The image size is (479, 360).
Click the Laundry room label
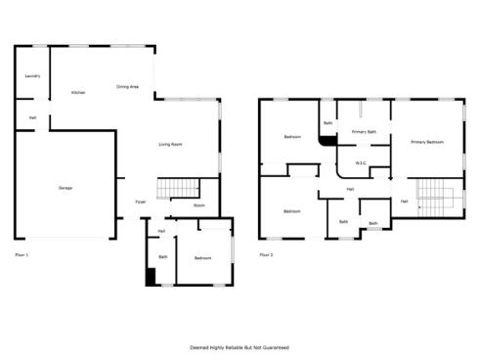coord(32,75)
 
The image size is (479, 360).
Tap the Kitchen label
coord(78,93)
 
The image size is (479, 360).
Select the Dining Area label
coord(127,87)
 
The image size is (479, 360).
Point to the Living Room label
coord(171,145)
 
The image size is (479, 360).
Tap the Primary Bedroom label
coord(427,143)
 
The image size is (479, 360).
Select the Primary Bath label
coord(365,131)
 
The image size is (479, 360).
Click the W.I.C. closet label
coord(361,162)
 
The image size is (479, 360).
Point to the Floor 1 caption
coord(22,254)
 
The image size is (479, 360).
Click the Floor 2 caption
coord(266,254)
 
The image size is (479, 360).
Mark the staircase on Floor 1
coord(177,188)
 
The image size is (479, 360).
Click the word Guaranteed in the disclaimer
coord(274,347)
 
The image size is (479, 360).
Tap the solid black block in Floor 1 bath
coord(151,277)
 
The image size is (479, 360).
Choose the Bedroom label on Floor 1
coord(202,257)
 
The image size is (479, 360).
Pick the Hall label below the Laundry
coord(32,118)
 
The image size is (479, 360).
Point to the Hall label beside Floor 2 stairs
coord(404,202)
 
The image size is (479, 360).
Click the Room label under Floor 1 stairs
coord(198,205)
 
